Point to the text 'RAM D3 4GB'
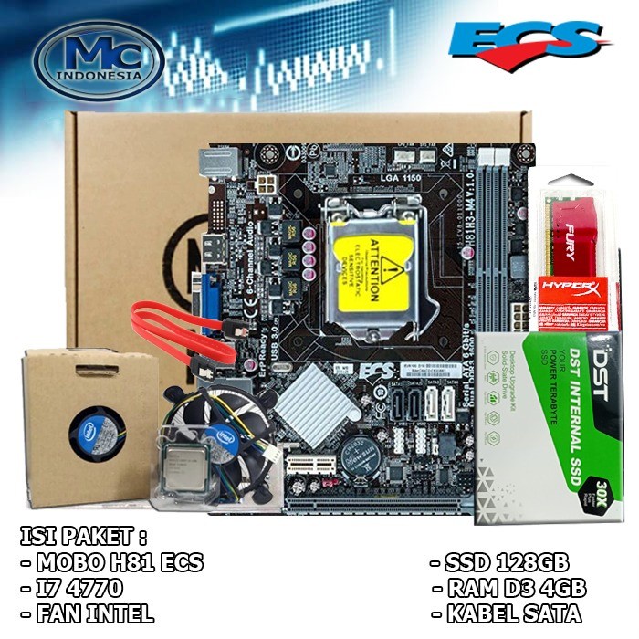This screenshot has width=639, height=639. point(514,586)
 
